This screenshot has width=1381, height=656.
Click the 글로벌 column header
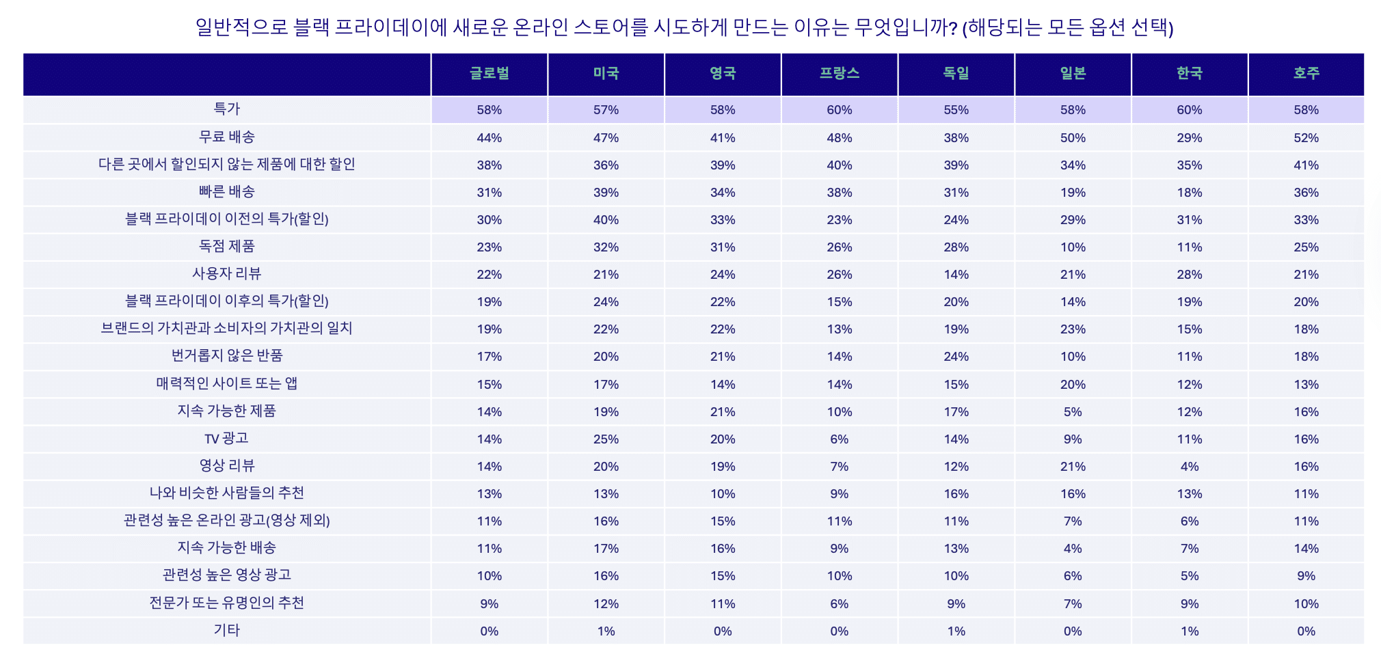click(x=490, y=74)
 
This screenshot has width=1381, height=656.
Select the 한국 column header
click(x=1190, y=74)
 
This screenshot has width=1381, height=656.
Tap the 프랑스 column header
click(x=840, y=74)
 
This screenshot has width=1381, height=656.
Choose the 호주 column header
click(x=1306, y=74)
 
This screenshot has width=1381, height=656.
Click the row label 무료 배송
click(x=227, y=137)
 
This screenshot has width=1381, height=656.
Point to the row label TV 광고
click(x=227, y=439)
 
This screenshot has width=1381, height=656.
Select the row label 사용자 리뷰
click(x=227, y=274)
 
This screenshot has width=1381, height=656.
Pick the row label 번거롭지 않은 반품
click(x=227, y=356)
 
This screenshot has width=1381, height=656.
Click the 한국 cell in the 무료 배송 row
click(x=1190, y=138)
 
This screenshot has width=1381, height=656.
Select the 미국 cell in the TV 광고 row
click(x=606, y=439)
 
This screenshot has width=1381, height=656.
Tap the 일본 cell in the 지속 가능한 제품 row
click(x=1073, y=412)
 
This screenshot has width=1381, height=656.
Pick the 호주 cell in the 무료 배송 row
click(x=1306, y=138)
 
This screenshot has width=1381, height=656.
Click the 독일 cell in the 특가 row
click(x=956, y=110)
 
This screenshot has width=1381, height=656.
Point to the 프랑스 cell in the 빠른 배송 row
click(x=840, y=193)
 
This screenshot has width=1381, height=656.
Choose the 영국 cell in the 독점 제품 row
click(x=723, y=247)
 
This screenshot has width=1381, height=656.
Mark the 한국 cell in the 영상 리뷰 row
click(x=1190, y=467)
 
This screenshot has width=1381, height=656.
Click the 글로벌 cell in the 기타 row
click(x=490, y=631)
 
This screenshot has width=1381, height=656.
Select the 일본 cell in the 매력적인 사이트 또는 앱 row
click(x=1073, y=385)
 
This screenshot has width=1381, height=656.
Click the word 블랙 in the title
click(x=311, y=27)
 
